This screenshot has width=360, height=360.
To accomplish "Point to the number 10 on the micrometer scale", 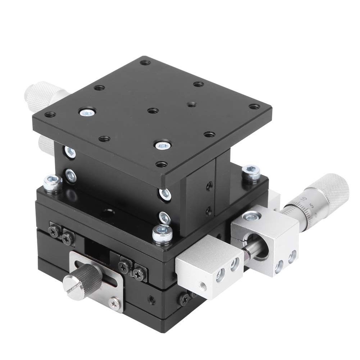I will tap(304, 199).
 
